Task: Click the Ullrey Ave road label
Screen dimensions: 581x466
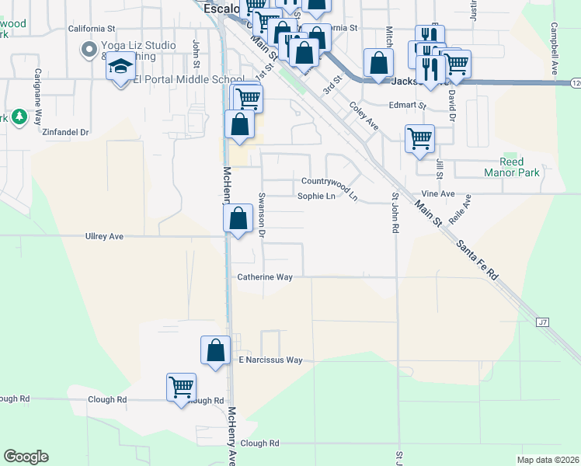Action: (104, 236)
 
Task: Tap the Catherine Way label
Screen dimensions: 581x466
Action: (265, 276)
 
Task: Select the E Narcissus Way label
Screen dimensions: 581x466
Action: (270, 360)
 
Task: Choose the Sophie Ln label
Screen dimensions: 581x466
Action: (316, 196)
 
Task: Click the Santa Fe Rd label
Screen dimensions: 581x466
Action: (478, 259)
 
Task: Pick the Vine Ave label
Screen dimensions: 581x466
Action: (437, 193)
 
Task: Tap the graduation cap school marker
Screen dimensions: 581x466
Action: (120, 68)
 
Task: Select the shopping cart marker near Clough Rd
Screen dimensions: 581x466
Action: (181, 386)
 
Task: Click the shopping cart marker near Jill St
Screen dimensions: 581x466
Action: (419, 138)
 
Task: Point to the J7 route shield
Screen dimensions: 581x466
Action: (543, 321)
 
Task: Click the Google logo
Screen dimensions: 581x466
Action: (26, 457)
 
